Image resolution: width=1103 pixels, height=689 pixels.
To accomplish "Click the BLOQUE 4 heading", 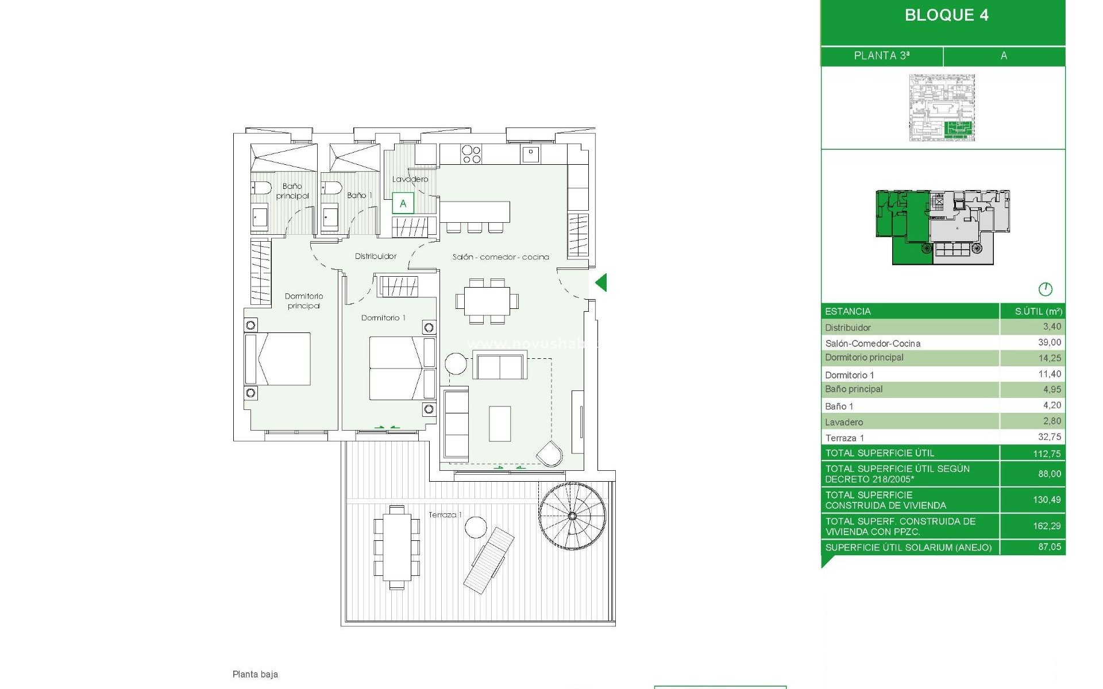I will (946, 16).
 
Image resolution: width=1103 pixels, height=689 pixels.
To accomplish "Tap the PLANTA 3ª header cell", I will (881, 56).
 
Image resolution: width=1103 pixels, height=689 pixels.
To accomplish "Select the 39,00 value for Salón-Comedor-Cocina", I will (1049, 342).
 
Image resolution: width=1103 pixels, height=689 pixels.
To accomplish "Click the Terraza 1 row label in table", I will (844, 438).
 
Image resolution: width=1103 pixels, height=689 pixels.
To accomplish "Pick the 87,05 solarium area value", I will (1049, 547).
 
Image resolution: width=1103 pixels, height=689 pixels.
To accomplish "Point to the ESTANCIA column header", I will (848, 311).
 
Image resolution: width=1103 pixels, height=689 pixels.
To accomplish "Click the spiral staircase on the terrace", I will (572, 516).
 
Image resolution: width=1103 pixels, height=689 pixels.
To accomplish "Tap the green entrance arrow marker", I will (601, 282).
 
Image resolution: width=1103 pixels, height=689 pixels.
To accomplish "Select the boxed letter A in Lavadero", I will (403, 203).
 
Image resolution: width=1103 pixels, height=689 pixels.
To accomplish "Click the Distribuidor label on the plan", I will (376, 256).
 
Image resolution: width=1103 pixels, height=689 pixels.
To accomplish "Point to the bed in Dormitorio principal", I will (278, 359).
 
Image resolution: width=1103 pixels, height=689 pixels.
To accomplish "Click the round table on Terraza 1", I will (476, 527).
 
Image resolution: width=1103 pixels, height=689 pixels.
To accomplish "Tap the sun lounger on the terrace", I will (489, 560).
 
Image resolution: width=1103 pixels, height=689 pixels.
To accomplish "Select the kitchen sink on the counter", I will (531, 153).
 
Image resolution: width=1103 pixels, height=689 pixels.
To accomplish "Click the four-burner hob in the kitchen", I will (471, 154).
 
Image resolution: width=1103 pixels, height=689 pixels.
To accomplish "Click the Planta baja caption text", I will (255, 674).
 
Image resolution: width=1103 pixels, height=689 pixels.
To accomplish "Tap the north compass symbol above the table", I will (1045, 289).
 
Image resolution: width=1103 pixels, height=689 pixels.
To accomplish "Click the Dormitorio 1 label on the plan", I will (383, 318).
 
